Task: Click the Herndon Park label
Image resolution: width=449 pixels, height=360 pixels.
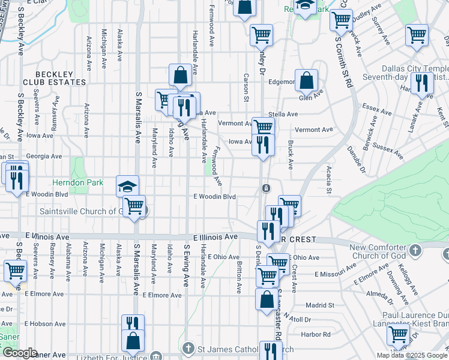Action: [x=78, y=182]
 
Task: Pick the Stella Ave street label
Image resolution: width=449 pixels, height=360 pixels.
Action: [x=284, y=114]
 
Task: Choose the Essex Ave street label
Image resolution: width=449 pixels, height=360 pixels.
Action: [x=378, y=109]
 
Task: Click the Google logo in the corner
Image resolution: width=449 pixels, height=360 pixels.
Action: [x=20, y=353]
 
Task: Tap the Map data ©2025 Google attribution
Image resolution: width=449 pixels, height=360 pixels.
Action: [x=411, y=355]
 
